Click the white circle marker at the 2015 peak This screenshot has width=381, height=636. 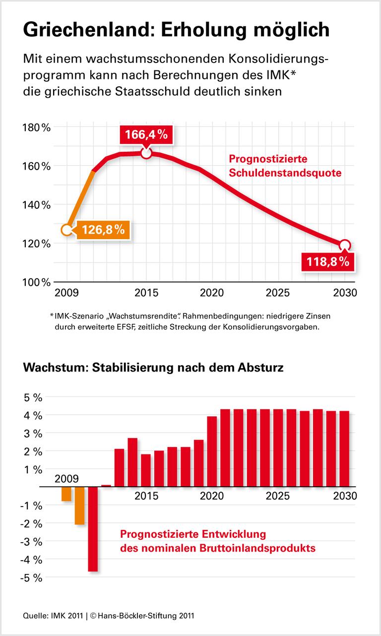pos(146,153)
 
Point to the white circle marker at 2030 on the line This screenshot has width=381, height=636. pos(345,245)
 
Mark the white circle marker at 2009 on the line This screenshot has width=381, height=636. pos(67,230)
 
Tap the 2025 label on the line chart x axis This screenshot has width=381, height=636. pos(279,293)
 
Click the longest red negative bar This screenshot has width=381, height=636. pos(93,529)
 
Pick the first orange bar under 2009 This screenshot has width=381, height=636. pos(66,494)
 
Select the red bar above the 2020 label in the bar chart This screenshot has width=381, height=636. pos(212,451)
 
